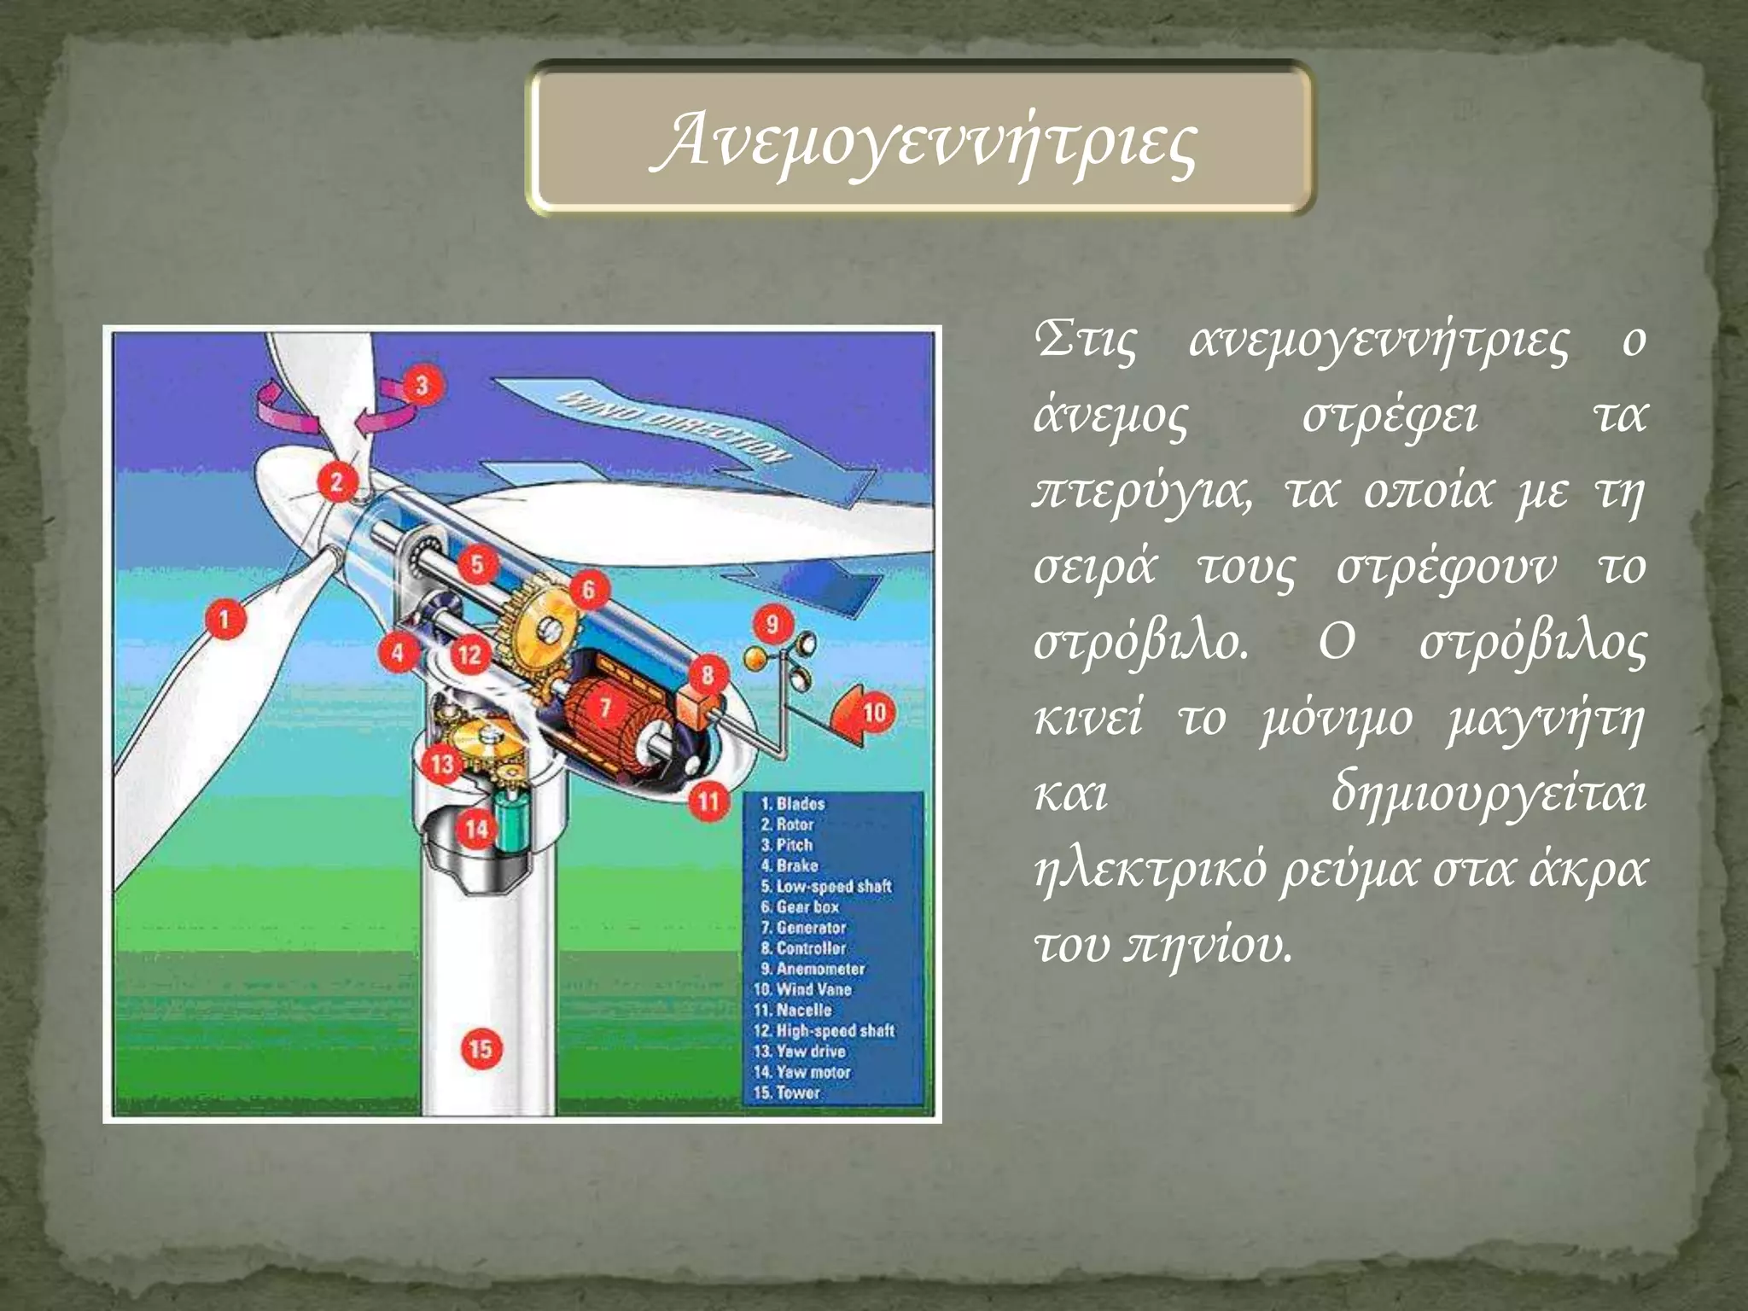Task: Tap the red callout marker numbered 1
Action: point(224,618)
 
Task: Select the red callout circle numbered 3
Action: point(421,385)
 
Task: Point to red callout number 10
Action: point(873,712)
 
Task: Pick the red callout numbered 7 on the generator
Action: point(605,707)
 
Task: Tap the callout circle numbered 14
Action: point(476,827)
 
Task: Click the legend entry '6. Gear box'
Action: point(800,906)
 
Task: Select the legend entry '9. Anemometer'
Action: point(813,969)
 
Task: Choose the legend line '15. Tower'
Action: point(787,1092)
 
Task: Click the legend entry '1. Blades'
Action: point(793,804)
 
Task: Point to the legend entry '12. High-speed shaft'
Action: point(824,1031)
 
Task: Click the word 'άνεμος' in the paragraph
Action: point(1110,417)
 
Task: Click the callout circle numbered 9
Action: point(772,624)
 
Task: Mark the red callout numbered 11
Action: point(708,801)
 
